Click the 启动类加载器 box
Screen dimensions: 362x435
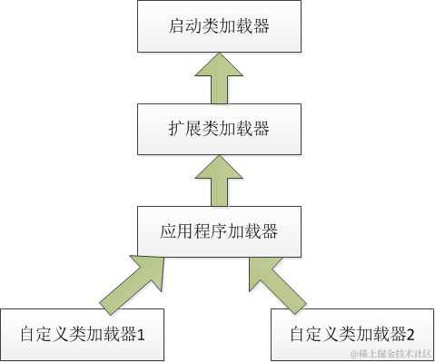(219, 26)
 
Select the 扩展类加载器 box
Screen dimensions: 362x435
(219, 128)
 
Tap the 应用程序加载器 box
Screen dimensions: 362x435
(219, 230)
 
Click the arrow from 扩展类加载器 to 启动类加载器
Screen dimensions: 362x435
(219, 77)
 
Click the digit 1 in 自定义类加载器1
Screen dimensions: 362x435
(142, 334)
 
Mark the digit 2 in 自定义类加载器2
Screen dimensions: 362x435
(411, 334)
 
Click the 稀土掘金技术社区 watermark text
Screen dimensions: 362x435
(396, 353)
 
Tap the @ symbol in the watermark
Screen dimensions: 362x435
(354, 353)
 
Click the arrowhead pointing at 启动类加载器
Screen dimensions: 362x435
(219, 63)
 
